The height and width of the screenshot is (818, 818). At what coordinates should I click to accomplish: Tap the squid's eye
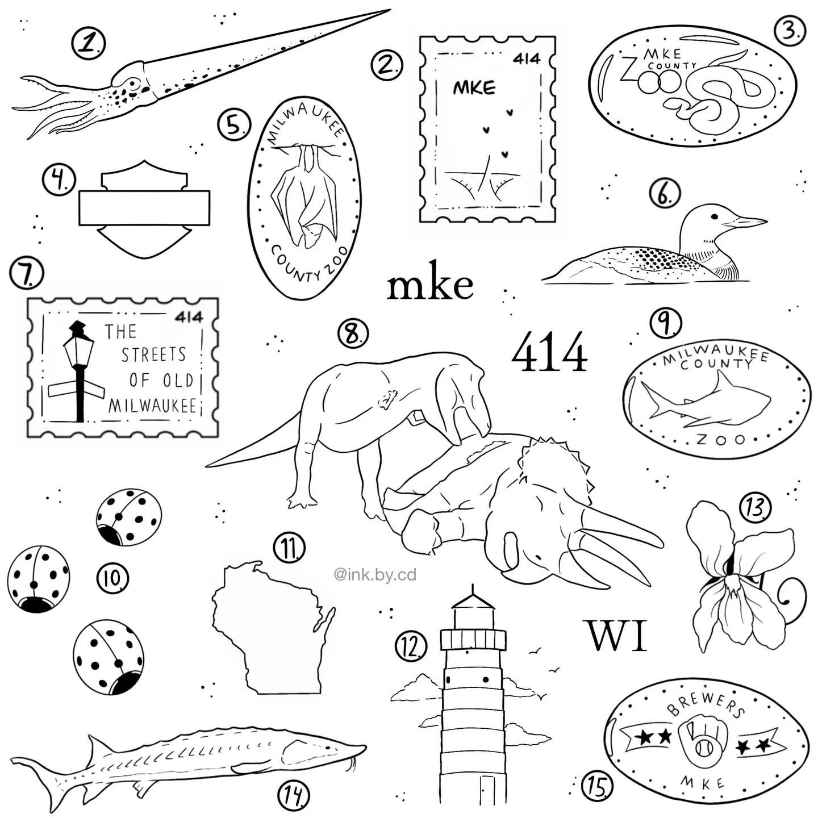pos(134,82)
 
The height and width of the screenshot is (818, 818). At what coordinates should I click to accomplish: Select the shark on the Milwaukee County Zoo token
pos(705,400)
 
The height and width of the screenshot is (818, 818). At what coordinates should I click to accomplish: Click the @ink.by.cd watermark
pos(375,575)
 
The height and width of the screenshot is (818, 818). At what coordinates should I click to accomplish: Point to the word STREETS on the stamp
pos(153,354)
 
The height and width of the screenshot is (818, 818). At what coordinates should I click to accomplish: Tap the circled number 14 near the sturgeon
pos(293,794)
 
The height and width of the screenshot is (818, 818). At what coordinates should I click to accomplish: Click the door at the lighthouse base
pos(488,801)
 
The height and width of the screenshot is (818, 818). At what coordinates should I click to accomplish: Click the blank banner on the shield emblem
pos(144,208)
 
